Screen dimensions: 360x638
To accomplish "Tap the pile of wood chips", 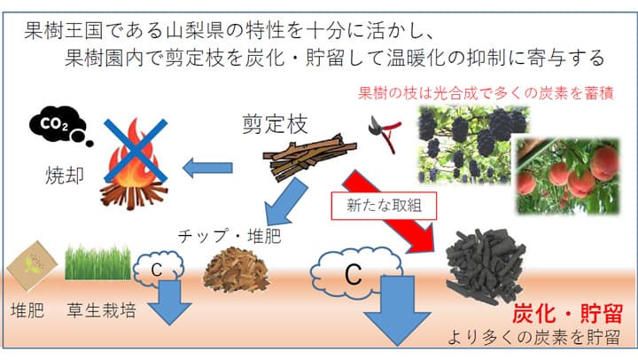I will [236, 268].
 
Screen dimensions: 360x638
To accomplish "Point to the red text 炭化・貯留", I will [567, 313].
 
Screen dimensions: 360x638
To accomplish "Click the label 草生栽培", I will [101, 312].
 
